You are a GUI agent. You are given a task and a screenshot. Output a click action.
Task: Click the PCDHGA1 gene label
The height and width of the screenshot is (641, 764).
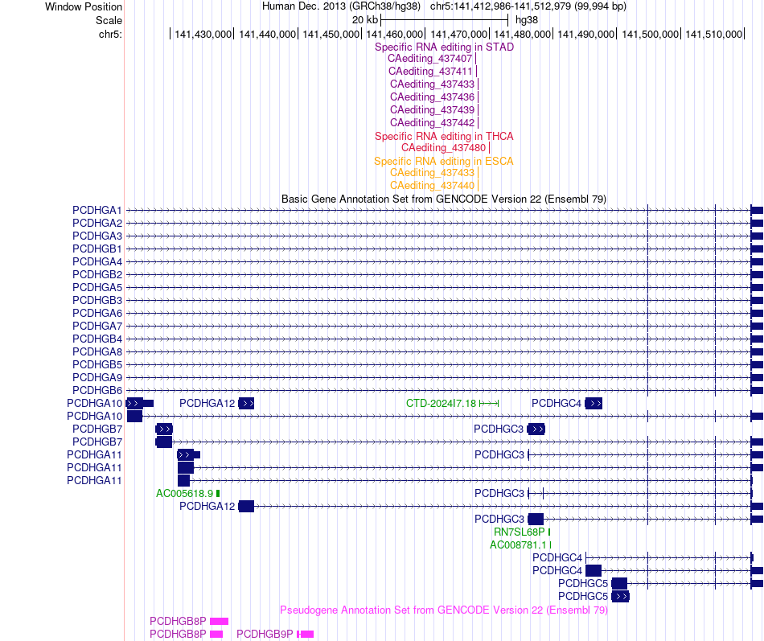click(x=97, y=210)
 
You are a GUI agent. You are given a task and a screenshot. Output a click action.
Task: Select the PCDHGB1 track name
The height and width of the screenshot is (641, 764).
click(x=97, y=249)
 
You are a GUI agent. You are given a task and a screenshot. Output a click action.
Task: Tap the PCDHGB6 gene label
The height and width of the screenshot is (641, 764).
click(x=97, y=390)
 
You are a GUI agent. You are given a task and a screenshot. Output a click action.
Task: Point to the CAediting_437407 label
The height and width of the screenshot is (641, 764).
click(x=429, y=59)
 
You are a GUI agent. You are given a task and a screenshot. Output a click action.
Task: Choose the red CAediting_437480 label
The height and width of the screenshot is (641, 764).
click(x=443, y=148)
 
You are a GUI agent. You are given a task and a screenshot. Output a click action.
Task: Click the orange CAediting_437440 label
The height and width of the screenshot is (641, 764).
click(x=432, y=186)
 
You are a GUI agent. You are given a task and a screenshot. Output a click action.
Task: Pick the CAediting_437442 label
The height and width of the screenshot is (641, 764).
click(x=432, y=123)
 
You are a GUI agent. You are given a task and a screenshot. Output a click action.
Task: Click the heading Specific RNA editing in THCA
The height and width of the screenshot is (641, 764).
click(x=444, y=137)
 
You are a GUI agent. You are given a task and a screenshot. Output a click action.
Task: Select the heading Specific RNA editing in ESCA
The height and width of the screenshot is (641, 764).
click(x=443, y=162)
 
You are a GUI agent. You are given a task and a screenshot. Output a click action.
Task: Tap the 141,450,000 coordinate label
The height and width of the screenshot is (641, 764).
click(x=331, y=34)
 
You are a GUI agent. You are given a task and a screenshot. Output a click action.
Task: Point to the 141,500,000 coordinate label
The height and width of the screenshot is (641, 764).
click(x=650, y=34)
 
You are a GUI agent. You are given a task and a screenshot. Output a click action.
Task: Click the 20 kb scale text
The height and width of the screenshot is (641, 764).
click(x=365, y=20)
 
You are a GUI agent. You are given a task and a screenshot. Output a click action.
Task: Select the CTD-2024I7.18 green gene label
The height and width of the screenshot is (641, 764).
click(x=441, y=404)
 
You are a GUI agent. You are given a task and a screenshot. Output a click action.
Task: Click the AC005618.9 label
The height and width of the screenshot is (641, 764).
click(x=184, y=494)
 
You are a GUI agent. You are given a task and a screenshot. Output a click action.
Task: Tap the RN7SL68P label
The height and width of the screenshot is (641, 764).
click(x=519, y=532)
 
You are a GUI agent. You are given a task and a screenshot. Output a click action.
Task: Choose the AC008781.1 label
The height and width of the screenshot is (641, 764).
click(x=519, y=545)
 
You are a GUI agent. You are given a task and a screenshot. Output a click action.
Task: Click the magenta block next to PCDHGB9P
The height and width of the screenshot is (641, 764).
click(x=306, y=635)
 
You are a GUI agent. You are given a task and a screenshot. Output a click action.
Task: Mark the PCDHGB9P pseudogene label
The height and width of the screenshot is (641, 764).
click(x=265, y=635)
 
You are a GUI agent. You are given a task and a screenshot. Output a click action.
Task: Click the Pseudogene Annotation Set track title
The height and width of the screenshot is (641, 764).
click(x=444, y=610)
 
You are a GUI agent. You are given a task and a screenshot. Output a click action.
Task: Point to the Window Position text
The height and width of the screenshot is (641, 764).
click(x=84, y=6)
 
